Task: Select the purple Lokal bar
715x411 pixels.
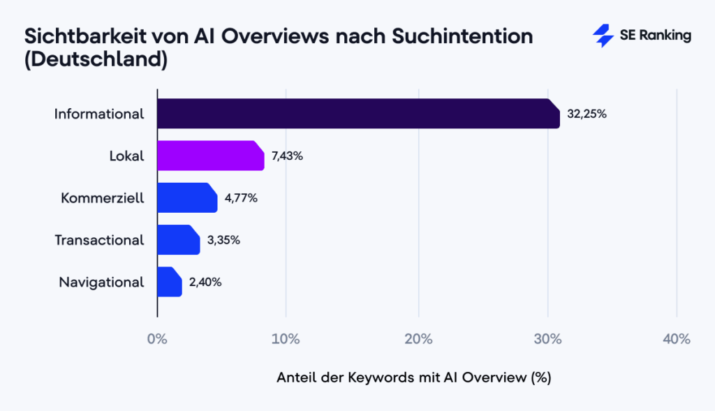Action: tap(210, 156)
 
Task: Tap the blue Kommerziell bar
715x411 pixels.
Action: tap(186, 197)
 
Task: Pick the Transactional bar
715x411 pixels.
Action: tap(178, 239)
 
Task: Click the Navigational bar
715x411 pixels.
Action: tap(169, 282)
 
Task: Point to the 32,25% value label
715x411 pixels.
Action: tap(587, 114)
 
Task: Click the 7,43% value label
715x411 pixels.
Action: tap(287, 156)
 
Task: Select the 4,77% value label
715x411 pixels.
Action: tap(241, 197)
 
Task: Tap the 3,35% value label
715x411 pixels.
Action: tap(223, 239)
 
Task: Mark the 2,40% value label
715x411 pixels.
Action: tap(205, 282)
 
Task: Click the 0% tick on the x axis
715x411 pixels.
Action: tap(157, 340)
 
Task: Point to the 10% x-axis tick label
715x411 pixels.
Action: tap(286, 340)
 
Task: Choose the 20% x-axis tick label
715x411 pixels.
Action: tap(418, 340)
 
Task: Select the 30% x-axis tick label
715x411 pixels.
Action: tap(547, 340)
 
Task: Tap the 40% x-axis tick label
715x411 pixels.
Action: tap(676, 340)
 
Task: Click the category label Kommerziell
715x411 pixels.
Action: tap(103, 197)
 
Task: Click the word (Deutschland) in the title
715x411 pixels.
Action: tap(96, 60)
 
